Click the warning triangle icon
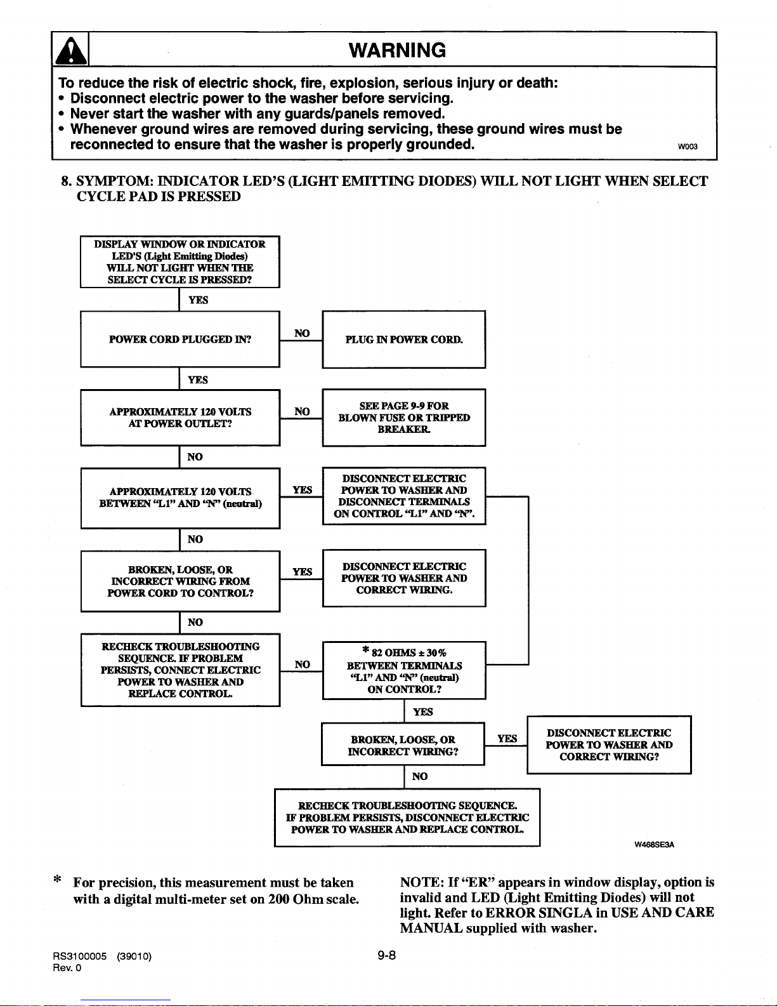[x=70, y=51]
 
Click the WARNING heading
[x=397, y=50]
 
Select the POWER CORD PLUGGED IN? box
[x=180, y=340]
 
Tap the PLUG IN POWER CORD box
[x=404, y=340]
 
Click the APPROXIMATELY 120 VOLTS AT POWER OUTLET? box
[x=180, y=418]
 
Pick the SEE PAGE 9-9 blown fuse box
[x=404, y=418]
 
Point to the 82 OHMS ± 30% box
[x=404, y=670]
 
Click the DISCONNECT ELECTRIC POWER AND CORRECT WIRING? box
[x=609, y=745]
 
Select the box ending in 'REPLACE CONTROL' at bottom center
[x=407, y=817]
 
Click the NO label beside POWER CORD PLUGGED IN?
[x=302, y=333]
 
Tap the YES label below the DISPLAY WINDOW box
[x=198, y=300]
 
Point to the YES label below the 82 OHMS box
[x=422, y=711]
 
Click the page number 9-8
[x=387, y=955]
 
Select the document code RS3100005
[x=79, y=956]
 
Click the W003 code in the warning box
[x=688, y=147]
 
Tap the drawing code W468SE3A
[x=654, y=844]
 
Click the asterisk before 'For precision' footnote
[x=57, y=878]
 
